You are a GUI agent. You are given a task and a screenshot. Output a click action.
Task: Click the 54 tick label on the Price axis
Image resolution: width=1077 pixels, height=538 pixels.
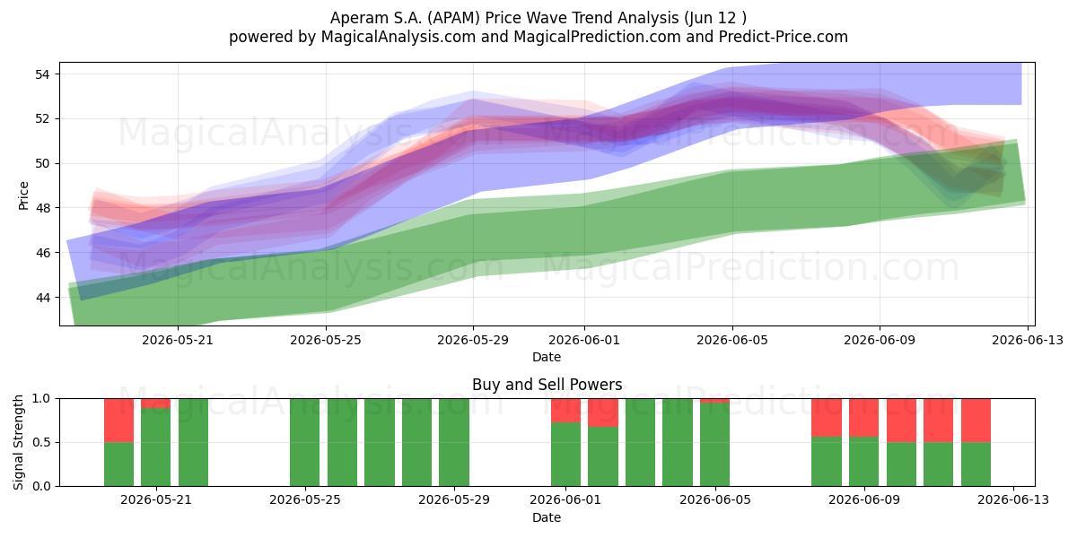click(42, 74)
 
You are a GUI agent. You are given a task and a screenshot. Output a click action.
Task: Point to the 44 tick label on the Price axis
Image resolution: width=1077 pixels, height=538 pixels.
click(42, 298)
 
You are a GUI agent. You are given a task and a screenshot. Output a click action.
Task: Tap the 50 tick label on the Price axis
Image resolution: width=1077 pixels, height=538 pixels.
click(42, 163)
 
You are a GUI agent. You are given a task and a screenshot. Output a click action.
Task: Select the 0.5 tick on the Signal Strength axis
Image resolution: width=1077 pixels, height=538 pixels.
click(41, 442)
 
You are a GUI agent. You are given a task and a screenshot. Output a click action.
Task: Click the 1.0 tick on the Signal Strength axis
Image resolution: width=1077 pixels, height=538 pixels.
click(41, 398)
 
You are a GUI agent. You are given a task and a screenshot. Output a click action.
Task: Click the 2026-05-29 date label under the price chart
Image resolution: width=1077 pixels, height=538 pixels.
click(473, 340)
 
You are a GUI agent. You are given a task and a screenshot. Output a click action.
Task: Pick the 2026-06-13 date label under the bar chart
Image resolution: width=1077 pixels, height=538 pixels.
click(1013, 499)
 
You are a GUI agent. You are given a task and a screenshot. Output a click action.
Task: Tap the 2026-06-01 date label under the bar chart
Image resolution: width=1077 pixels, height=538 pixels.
click(565, 499)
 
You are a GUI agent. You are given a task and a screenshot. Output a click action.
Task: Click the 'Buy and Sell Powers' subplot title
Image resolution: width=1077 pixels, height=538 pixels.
click(547, 385)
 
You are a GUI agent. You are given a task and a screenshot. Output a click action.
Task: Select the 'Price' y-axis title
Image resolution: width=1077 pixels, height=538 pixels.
click(23, 195)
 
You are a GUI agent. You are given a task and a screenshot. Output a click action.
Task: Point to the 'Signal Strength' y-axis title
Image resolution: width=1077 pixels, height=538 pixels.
click(18, 442)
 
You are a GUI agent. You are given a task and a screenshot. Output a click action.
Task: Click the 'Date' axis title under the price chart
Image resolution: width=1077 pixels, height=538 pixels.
click(547, 357)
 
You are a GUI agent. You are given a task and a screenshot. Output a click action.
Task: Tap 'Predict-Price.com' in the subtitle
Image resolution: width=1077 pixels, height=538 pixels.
click(784, 37)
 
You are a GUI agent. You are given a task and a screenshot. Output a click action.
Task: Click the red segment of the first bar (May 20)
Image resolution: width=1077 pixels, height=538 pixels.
click(118, 421)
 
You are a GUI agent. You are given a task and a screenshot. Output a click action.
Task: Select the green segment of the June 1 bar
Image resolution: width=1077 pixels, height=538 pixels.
click(566, 455)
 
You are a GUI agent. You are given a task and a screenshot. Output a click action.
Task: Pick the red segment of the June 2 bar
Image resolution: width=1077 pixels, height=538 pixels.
click(603, 412)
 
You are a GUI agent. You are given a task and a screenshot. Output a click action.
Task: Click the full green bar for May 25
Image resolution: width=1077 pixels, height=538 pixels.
click(305, 442)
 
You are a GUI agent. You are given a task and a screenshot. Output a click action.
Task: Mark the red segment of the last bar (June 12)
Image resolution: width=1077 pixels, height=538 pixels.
click(976, 421)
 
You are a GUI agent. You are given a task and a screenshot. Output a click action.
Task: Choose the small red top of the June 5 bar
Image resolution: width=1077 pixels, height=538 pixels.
click(715, 401)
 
